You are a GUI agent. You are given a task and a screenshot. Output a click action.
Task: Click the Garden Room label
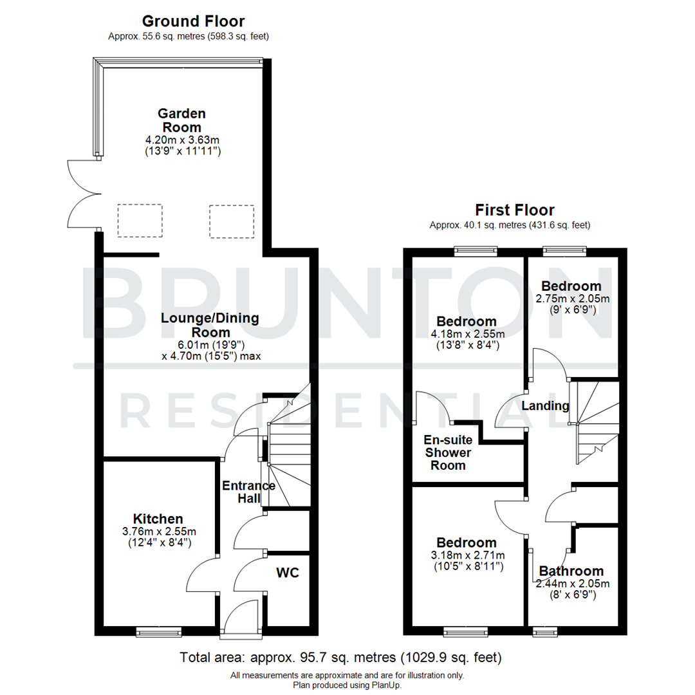(x=182, y=120)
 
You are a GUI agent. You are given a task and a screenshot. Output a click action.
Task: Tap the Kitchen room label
(x=158, y=519)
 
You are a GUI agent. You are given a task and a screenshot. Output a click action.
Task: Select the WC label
(x=288, y=573)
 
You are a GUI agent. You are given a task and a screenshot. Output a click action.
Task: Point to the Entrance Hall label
(x=248, y=492)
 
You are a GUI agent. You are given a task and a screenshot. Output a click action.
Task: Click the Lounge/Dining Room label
(x=210, y=325)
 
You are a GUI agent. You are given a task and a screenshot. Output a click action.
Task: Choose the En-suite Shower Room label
(x=448, y=452)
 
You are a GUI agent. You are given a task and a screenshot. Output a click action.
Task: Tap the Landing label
(x=545, y=406)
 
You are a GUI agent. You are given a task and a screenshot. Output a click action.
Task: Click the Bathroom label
(x=571, y=571)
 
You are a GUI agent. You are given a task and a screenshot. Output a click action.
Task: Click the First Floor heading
(x=515, y=210)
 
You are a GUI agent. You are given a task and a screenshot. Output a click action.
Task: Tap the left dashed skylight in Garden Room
(x=140, y=221)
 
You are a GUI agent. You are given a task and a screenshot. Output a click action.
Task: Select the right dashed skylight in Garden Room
(x=232, y=221)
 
